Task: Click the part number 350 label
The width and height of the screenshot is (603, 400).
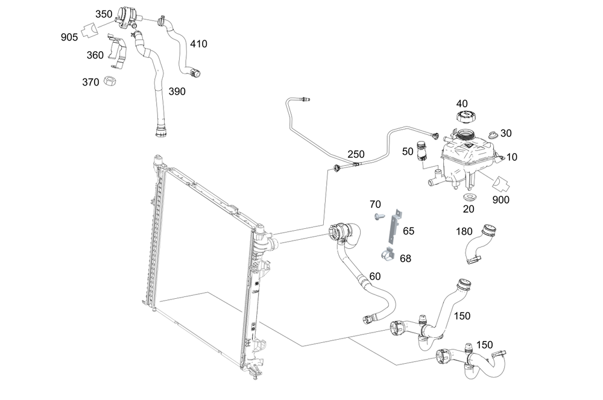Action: click(104, 13)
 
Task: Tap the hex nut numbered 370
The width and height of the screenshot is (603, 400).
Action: click(110, 80)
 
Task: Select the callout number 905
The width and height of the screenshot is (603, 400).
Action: click(69, 37)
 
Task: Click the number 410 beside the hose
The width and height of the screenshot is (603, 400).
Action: click(198, 44)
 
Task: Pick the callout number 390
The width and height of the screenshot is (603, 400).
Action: click(177, 92)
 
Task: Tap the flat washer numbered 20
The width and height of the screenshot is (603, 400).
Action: click(468, 197)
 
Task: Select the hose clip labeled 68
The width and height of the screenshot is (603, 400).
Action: click(388, 255)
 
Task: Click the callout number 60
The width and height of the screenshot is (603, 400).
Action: click(375, 276)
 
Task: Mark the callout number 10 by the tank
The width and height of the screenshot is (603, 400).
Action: click(512, 157)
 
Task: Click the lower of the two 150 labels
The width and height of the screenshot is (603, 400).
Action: click(485, 345)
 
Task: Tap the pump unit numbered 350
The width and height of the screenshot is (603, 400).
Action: click(126, 16)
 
